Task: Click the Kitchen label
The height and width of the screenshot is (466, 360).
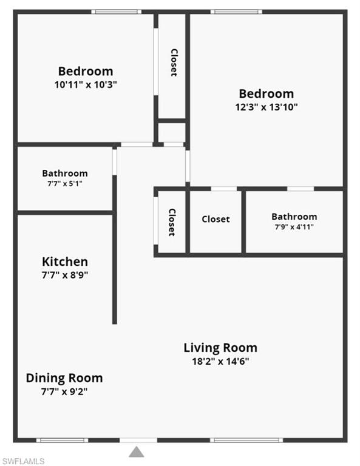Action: point(65,262)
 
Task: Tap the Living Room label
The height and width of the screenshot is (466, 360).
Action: point(220,348)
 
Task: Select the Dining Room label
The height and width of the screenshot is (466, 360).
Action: point(64,379)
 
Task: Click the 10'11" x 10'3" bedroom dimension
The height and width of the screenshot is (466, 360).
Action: point(86,85)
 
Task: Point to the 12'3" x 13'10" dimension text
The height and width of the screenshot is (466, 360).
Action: point(267,107)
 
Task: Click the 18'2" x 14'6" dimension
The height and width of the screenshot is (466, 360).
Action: point(220,362)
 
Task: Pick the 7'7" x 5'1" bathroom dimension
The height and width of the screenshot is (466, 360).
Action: point(65,184)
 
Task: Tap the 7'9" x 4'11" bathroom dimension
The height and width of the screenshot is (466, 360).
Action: point(294,227)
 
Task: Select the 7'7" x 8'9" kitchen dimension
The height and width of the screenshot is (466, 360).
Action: point(65,275)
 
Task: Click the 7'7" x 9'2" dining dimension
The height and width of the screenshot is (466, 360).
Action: point(64,392)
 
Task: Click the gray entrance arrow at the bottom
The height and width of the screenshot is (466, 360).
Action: point(137,451)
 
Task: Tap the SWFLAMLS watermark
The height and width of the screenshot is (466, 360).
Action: point(23,461)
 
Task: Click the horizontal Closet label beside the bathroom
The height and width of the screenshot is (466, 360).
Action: point(216,219)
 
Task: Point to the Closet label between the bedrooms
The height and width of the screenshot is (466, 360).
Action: point(174,62)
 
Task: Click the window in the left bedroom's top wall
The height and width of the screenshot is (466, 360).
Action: point(116,12)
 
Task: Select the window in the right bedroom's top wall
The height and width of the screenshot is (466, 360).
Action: point(236,12)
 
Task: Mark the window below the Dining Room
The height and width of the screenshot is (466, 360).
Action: point(63,440)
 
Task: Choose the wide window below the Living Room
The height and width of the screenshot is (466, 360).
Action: point(246,440)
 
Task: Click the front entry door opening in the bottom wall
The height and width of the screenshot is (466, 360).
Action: point(138,440)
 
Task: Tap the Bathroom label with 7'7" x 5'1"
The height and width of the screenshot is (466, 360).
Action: point(65,174)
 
